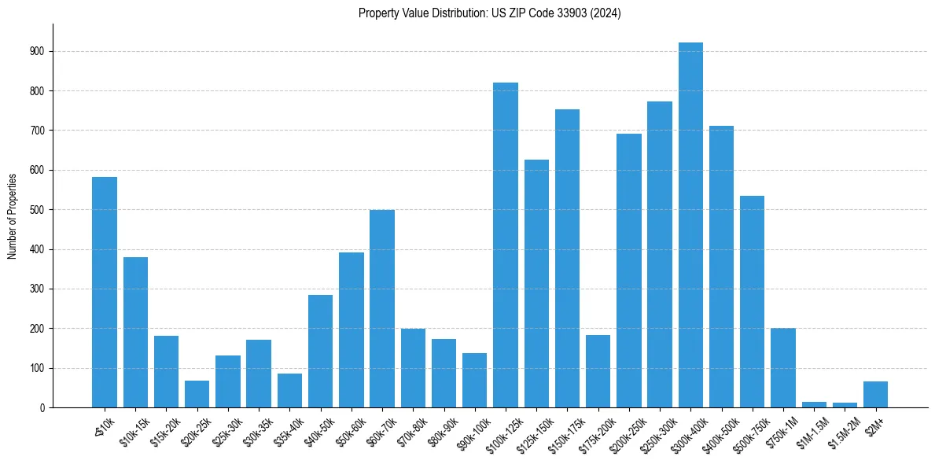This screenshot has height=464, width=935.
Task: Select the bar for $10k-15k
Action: click(135, 333)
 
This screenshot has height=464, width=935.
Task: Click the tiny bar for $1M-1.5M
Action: click(814, 404)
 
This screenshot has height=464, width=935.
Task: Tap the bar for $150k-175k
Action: click(567, 259)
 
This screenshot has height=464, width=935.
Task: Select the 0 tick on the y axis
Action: click(42, 407)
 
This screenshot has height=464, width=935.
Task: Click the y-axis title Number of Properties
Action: click(13, 215)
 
